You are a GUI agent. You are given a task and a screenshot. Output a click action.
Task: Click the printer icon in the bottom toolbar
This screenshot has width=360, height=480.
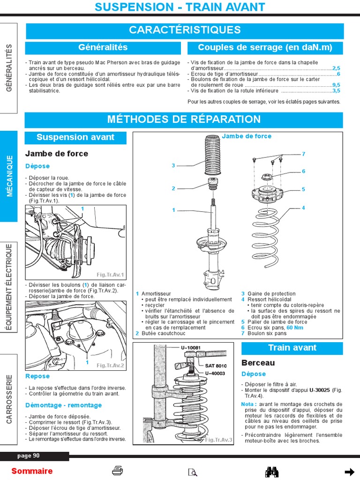(118, 471)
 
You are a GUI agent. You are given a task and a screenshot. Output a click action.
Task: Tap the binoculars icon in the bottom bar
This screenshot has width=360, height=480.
(272, 472)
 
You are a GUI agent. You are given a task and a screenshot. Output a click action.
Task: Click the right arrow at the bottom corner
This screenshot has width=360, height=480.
(349, 472)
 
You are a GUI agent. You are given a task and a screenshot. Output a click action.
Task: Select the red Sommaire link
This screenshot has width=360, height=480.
(32, 471)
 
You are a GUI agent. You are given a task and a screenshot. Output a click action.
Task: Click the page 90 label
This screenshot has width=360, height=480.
(29, 456)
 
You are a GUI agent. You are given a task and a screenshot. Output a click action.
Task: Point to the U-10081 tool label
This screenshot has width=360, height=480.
(190, 348)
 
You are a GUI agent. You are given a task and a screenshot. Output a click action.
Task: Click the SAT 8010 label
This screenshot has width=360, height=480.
(216, 366)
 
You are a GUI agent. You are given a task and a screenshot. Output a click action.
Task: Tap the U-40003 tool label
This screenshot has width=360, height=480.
(216, 373)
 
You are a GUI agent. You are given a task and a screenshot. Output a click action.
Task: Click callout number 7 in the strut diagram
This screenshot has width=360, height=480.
(303, 154)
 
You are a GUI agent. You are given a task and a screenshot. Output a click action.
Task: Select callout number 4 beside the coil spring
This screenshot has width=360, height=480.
(303, 208)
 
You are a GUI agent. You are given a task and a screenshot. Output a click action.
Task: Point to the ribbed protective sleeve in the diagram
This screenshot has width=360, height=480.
(213, 155)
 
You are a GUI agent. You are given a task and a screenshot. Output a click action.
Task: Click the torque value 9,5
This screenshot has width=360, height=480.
(336, 85)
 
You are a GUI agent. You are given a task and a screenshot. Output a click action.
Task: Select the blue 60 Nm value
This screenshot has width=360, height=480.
(295, 328)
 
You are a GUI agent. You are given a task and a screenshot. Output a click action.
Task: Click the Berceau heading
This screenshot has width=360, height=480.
(258, 363)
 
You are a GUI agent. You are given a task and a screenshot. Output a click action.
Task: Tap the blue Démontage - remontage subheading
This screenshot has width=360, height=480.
(63, 405)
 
